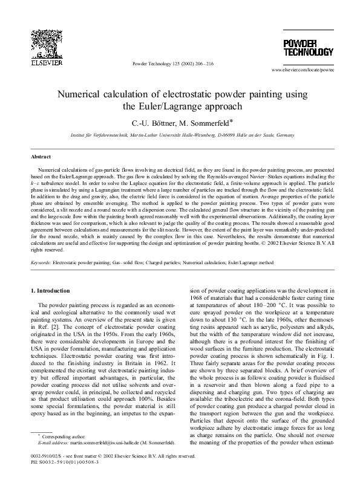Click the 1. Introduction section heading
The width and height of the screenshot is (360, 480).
pos(55,292)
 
